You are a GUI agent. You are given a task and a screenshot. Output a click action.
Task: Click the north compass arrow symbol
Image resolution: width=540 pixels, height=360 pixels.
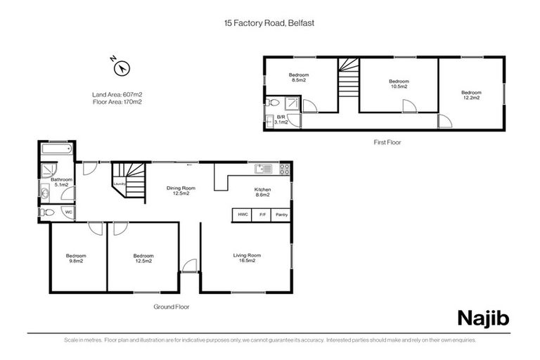coord(122,67)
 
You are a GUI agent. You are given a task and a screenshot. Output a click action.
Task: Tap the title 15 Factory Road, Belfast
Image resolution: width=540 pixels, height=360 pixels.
coord(269,22)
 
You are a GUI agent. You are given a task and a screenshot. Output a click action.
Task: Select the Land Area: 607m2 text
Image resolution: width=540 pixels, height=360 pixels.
coord(117,94)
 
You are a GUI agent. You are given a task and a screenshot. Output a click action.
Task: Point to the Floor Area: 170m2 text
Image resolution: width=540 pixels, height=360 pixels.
coord(117,102)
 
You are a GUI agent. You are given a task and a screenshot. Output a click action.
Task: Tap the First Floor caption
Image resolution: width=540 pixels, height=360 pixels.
coord(387,142)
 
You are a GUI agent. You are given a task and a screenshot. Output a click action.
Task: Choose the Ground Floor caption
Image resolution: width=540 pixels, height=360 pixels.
coord(171,307)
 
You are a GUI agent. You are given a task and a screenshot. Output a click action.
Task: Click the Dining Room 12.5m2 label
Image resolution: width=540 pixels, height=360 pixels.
coord(181,191)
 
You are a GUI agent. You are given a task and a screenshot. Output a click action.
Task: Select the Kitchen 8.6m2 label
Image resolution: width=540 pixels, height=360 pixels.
coord(262,192)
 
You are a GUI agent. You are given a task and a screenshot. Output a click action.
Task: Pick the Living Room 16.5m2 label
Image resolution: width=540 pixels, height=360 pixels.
coord(247,257)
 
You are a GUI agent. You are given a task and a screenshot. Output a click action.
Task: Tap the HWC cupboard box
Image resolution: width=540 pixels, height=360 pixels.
coord(242,214)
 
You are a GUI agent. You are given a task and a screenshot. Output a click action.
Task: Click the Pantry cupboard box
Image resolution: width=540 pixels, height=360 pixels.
coord(281,214)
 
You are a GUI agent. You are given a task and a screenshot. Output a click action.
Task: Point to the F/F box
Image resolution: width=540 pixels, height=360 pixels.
coord(262,214)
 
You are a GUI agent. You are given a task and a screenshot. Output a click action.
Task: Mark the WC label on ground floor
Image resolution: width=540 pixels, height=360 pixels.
coord(68,212)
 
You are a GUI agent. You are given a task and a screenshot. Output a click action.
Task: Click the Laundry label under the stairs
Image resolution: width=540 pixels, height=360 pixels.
coord(120,185)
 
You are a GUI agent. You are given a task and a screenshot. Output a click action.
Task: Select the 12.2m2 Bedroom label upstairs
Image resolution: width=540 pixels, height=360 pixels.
coord(471,95)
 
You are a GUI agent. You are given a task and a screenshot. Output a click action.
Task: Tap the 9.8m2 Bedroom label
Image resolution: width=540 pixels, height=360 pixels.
coord(76,257)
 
